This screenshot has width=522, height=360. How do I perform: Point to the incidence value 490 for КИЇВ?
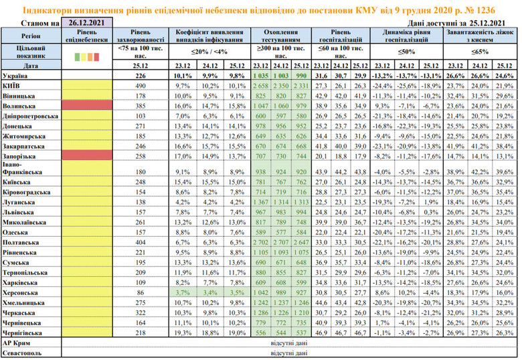click(141, 87)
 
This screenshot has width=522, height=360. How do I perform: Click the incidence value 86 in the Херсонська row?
click(141, 293)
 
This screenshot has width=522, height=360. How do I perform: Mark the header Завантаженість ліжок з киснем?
click(482, 35)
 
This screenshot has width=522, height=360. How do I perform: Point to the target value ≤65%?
click(482, 52)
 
